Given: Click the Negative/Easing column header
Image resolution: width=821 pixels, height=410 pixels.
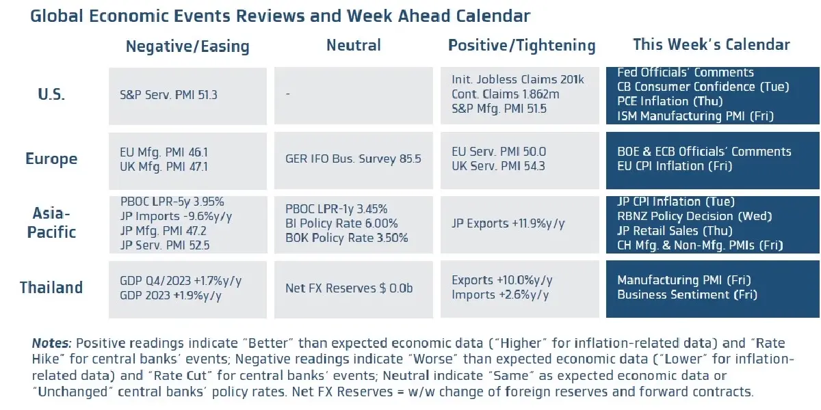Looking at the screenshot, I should point(187,46).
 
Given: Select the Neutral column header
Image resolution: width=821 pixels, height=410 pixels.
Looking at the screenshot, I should point(353,46).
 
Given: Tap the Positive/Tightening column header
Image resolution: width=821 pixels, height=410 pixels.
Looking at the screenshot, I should point(521,46).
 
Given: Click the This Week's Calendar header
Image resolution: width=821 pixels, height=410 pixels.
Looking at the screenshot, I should point(712,45).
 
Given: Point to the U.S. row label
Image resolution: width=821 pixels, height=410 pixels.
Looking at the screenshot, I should point(51,94).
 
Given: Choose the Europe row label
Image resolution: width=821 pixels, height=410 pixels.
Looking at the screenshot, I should point(51,159).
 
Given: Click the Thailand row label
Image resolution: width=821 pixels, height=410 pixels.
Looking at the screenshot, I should point(51,288).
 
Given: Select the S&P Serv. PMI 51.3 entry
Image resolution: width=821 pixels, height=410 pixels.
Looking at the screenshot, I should point(168,95).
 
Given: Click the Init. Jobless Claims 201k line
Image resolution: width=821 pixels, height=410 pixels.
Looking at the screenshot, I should point(518,80).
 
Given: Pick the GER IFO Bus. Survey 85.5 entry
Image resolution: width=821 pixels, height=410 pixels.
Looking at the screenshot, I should point(353,159).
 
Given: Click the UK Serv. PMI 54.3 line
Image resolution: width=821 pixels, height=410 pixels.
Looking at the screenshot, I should point(499,166).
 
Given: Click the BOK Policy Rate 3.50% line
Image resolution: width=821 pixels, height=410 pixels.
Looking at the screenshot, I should point(347,238).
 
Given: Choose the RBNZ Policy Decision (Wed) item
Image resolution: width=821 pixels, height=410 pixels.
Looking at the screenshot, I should point(694,216).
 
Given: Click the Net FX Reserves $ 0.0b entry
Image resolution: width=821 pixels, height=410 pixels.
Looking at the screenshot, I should point(349,288).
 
